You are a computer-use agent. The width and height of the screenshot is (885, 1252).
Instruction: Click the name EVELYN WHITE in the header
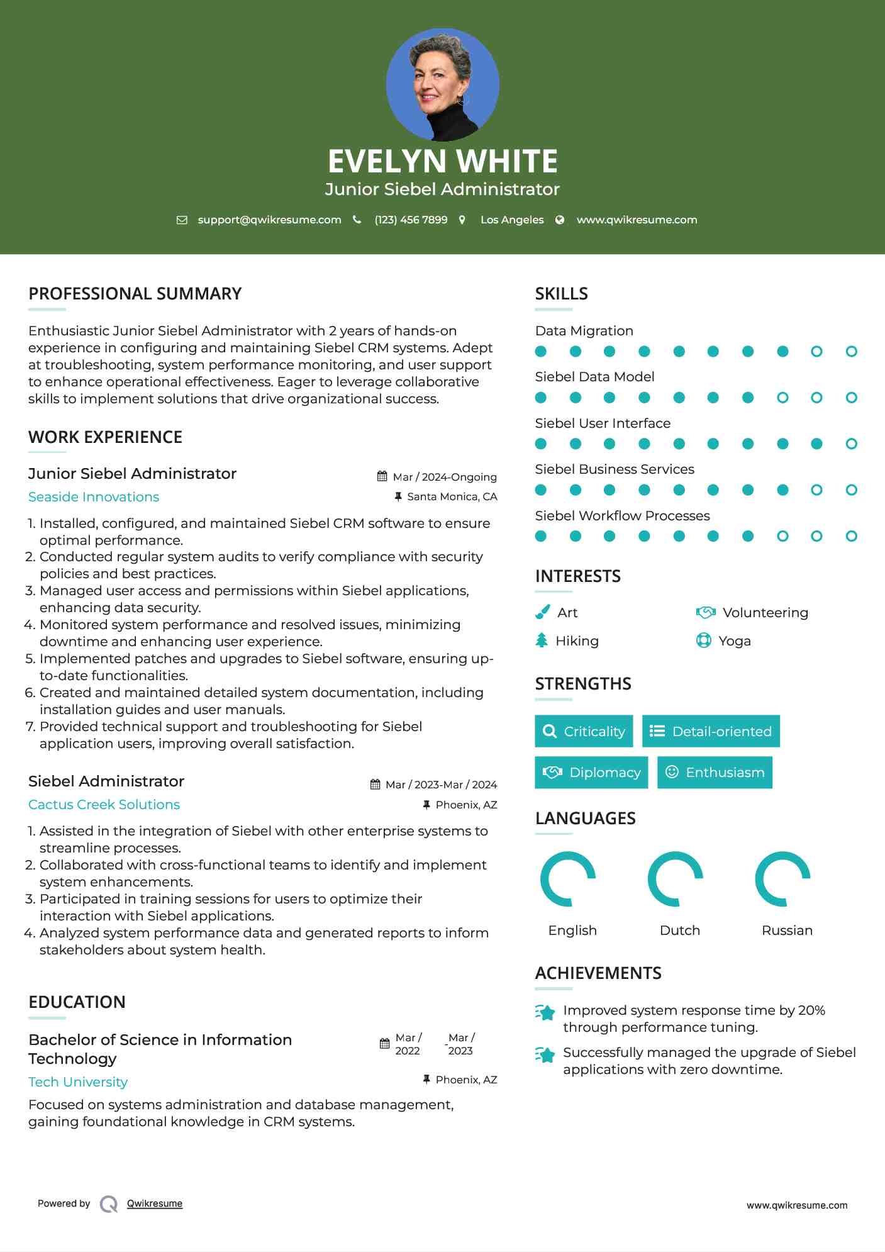(x=442, y=161)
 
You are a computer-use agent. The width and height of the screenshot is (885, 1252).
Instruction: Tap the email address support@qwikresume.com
(x=269, y=220)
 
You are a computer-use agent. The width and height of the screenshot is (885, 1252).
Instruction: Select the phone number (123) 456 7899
(x=411, y=220)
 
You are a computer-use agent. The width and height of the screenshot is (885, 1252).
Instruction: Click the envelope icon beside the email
(x=182, y=220)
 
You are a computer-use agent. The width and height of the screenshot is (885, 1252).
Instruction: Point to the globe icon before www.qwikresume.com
(x=560, y=220)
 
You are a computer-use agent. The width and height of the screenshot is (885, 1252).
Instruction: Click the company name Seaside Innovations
(x=94, y=497)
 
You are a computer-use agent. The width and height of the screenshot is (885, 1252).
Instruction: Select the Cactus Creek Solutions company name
(x=104, y=805)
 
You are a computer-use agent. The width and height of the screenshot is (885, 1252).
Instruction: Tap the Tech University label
(x=78, y=1082)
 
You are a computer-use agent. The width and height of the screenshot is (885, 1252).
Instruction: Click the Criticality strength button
(x=584, y=731)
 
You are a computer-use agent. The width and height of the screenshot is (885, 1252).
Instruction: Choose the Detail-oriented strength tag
(x=711, y=731)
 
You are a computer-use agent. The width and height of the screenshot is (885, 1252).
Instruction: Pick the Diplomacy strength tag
(x=591, y=773)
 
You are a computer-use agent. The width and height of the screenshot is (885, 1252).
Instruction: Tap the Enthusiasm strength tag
(x=715, y=773)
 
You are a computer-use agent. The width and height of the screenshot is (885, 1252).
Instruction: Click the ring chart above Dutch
(x=676, y=879)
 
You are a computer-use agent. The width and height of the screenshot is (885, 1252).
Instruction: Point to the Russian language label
(x=787, y=931)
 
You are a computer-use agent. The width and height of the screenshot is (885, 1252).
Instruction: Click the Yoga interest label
(x=734, y=641)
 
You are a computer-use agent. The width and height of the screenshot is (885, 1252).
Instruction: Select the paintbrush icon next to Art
(x=542, y=612)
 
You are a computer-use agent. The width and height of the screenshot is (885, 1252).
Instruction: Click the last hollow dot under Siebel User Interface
(x=851, y=444)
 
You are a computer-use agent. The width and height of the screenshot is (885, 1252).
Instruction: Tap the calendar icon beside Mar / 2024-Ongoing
(x=382, y=476)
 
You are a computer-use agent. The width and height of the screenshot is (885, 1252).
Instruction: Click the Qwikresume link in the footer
(x=155, y=1204)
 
